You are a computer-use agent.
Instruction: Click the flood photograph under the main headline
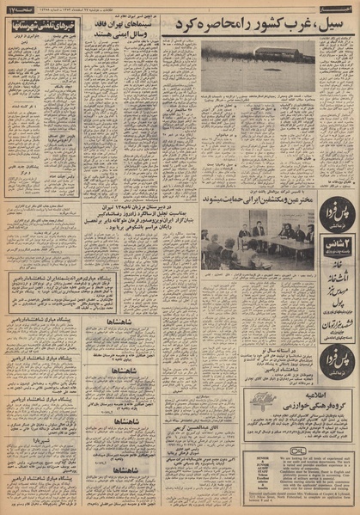[258, 67]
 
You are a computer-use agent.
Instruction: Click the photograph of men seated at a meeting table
[257, 237]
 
